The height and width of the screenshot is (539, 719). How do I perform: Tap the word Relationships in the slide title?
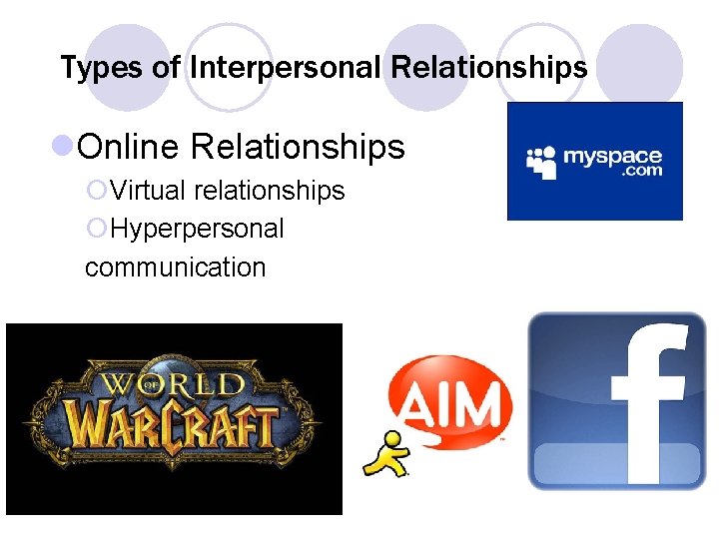click(x=489, y=68)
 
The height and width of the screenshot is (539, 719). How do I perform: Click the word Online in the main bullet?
click(x=129, y=147)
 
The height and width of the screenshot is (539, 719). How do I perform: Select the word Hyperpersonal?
click(x=198, y=229)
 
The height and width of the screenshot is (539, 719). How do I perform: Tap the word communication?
click(x=176, y=267)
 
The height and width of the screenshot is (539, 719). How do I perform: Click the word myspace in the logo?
click(x=612, y=156)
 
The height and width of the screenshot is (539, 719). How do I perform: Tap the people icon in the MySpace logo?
click(x=541, y=162)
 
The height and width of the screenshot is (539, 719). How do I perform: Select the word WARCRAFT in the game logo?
click(x=175, y=424)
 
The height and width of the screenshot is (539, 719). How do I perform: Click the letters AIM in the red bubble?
click(x=452, y=404)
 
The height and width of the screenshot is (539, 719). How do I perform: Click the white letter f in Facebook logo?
click(x=646, y=399)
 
